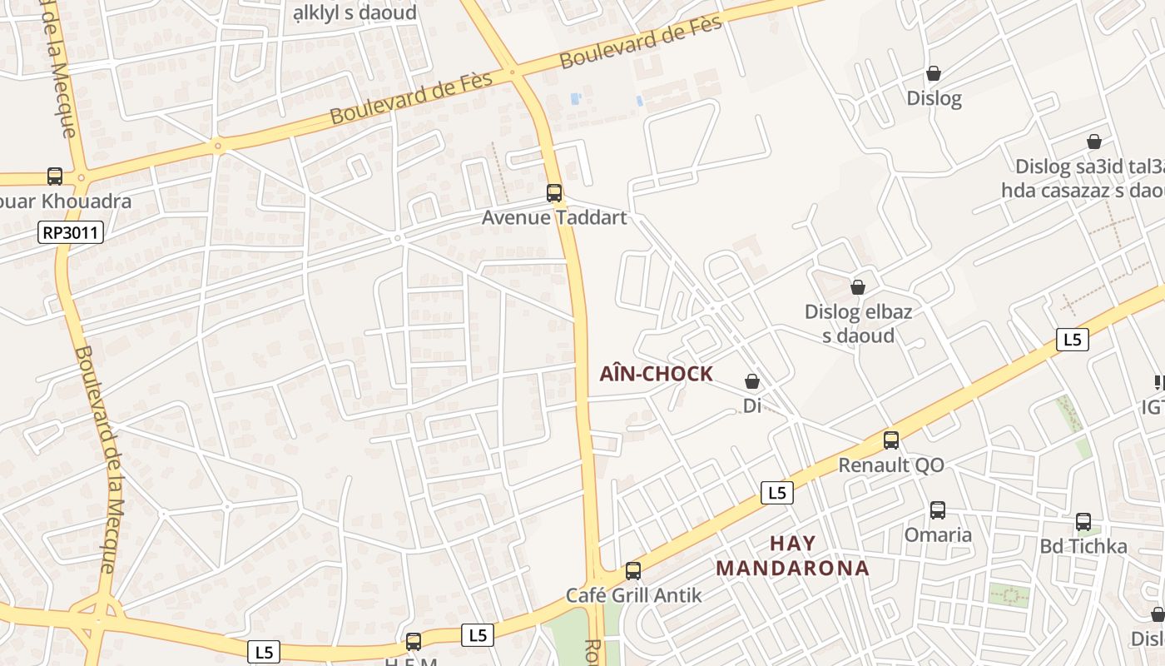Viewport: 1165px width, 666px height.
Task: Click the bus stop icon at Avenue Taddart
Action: [554, 193]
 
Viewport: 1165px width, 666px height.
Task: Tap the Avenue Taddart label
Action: [554, 217]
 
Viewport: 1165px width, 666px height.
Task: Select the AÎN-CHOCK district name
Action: [656, 374]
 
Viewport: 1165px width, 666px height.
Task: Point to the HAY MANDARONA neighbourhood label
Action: [792, 556]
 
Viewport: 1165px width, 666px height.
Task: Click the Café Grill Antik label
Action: [634, 595]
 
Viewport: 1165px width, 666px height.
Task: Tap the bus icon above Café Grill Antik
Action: [633, 571]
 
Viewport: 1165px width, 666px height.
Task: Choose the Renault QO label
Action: [891, 465]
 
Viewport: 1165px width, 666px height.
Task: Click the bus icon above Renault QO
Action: [891, 440]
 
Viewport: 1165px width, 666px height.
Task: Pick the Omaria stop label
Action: [938, 534]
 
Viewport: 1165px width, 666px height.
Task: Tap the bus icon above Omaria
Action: [938, 509]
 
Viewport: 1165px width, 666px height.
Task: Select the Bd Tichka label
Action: [1083, 546]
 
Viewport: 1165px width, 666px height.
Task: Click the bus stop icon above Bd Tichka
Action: [1083, 522]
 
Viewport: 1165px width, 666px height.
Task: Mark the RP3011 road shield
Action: [71, 233]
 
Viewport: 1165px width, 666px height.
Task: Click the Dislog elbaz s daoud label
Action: [858, 324]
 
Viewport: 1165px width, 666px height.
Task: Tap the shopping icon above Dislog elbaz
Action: [858, 287]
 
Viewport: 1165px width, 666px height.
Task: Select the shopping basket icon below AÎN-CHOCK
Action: [752, 381]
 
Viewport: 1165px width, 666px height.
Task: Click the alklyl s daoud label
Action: [354, 13]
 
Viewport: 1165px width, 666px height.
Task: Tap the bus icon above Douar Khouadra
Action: [55, 176]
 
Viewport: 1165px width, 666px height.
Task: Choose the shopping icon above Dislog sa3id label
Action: [1094, 142]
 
